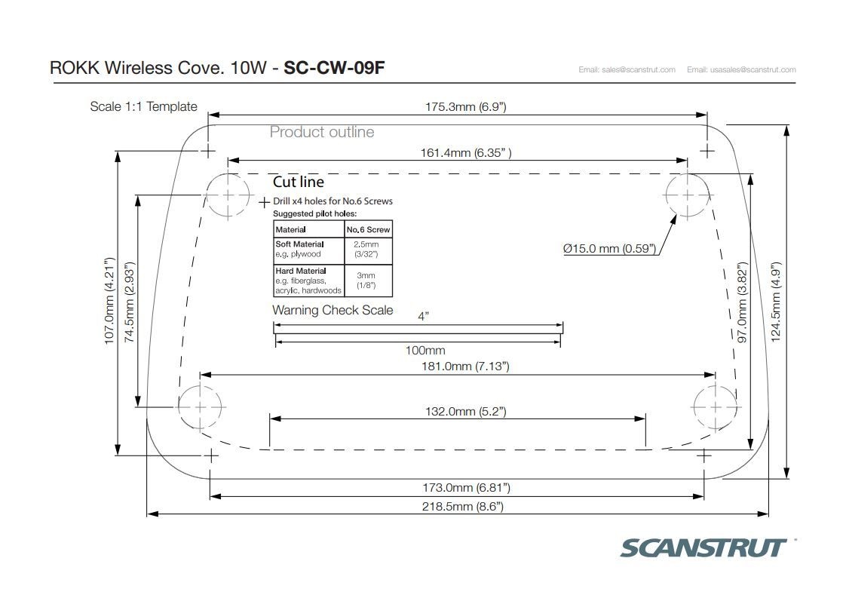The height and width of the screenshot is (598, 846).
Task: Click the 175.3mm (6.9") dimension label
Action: [x=466, y=107]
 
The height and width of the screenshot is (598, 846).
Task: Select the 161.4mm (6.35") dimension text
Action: [x=466, y=153]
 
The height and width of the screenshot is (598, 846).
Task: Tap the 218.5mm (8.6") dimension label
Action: [x=462, y=506]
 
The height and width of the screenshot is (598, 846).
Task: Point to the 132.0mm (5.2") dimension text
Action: [x=466, y=412]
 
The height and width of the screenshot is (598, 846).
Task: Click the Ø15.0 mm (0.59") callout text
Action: [x=610, y=249]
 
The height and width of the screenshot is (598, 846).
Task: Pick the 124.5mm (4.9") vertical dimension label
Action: [x=776, y=302]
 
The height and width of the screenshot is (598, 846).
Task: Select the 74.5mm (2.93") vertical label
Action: [x=130, y=302]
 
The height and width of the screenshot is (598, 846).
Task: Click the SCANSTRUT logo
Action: [x=703, y=547]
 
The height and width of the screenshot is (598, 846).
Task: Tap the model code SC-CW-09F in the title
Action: [x=334, y=68]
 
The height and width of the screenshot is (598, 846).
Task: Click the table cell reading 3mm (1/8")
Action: [x=366, y=280]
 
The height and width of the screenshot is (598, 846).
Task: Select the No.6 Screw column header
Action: [x=368, y=229]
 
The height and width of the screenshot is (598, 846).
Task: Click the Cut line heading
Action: [x=299, y=182]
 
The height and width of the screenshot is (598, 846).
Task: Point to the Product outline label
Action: [x=321, y=132]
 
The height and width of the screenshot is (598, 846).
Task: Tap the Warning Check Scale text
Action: [x=333, y=311]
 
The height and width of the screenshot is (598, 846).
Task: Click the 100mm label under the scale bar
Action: [x=425, y=350]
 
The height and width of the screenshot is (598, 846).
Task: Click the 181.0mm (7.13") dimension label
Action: [x=465, y=366]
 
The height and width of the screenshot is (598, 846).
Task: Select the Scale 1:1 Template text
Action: [x=143, y=107]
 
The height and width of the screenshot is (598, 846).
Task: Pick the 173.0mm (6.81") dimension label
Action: [x=466, y=488]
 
